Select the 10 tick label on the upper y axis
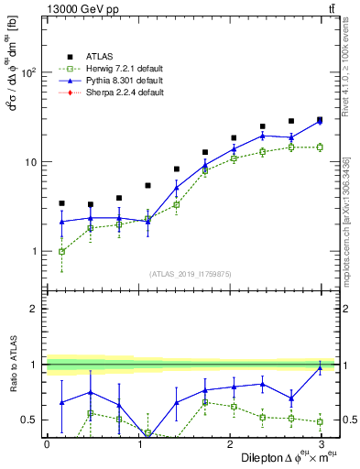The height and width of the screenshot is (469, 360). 33,162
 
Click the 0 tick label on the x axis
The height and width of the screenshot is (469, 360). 48,445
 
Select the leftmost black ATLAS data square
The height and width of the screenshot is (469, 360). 61,203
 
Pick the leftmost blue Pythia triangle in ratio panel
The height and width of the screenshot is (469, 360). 61,403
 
